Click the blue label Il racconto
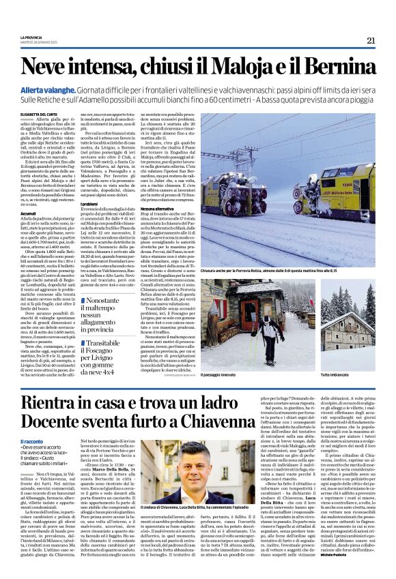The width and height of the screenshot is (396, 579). point(31,443)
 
